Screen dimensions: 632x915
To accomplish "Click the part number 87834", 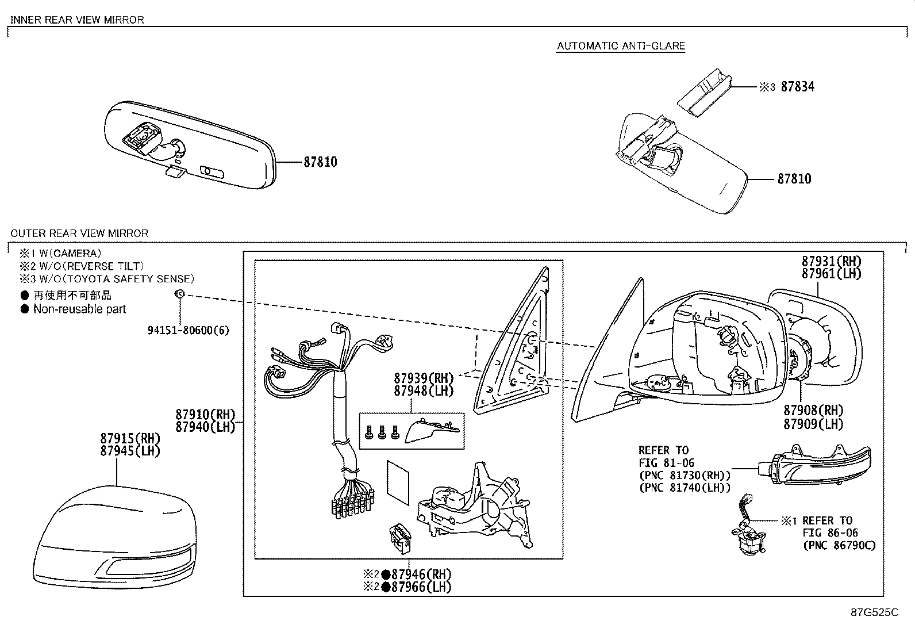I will point(797,87).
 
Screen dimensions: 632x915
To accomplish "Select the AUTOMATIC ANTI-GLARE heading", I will point(621,46).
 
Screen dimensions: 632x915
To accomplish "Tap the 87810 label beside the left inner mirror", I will point(320,162).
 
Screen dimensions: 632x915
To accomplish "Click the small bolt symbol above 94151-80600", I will point(179,294).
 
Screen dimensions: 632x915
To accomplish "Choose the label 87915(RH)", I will point(131,439).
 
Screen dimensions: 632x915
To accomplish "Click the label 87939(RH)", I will point(424,378).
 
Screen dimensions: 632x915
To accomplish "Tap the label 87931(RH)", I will point(832,261).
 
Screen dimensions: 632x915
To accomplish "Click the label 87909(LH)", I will point(813,424).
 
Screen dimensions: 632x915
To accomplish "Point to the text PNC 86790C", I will point(839,545).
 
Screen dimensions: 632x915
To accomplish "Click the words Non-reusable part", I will point(79,309).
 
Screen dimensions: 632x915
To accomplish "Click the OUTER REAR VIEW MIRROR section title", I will point(79,233).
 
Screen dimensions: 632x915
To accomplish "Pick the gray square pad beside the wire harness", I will point(398,482).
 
